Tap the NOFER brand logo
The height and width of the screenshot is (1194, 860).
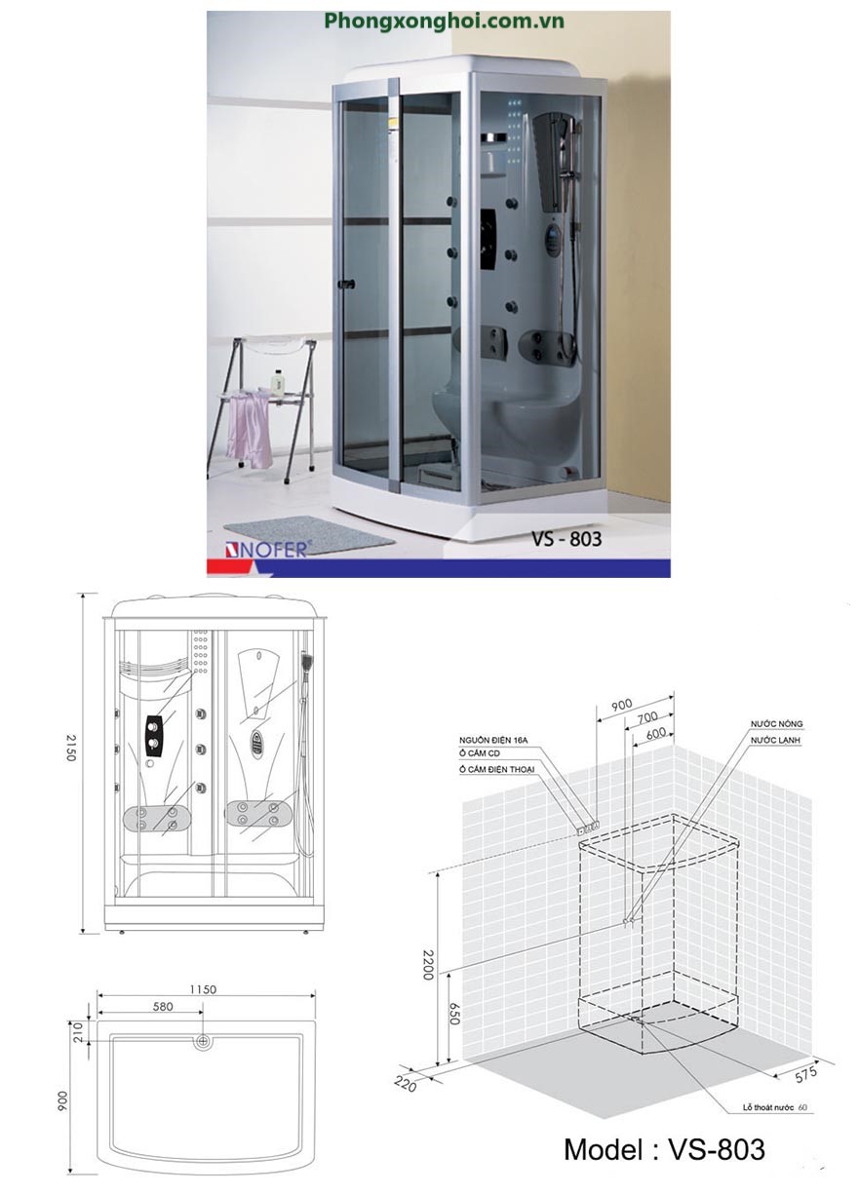tap(265, 550)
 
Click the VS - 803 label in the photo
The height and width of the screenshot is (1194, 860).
tap(566, 539)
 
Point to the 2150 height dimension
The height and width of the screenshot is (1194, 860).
tap(71, 748)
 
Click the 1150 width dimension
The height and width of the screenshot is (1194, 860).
tap(203, 989)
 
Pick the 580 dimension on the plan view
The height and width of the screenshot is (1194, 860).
tap(163, 1006)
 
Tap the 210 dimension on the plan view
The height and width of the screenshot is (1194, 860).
tap(78, 1032)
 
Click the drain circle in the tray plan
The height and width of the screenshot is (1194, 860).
tap(203, 1041)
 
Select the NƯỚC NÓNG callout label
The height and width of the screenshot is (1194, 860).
tap(776, 724)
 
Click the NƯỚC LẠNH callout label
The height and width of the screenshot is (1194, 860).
tap(775, 741)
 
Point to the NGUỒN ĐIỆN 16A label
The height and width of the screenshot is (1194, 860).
tap(493, 741)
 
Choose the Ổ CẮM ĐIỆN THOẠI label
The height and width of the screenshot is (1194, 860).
tap(496, 769)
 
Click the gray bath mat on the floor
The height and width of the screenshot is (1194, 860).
tap(309, 535)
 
